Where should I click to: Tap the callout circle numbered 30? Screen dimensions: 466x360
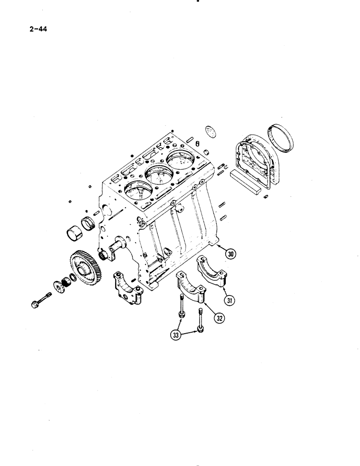(x=230, y=254)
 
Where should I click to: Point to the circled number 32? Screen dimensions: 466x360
(x=219, y=319)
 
